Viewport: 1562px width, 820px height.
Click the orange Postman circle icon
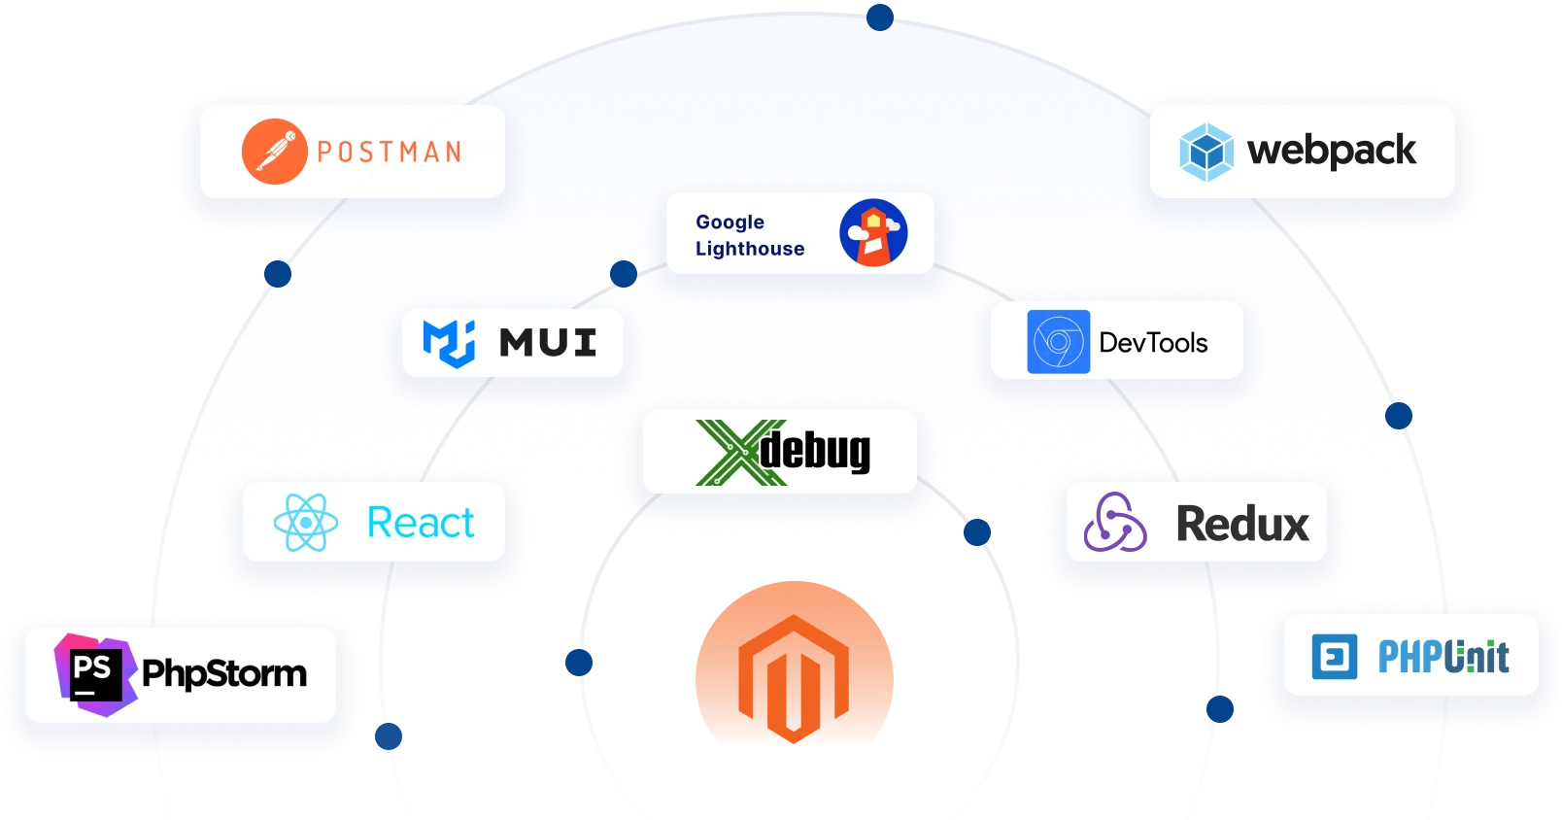click(274, 152)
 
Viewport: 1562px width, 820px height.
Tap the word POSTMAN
click(390, 153)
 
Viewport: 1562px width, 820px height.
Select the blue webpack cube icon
click(1205, 153)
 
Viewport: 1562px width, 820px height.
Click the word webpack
click(1331, 152)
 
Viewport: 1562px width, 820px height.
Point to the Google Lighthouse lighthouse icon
click(873, 233)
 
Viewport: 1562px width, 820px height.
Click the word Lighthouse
click(750, 249)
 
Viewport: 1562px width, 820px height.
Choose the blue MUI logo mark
click(449, 343)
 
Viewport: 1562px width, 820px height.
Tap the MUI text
click(548, 343)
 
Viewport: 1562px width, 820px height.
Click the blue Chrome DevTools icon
click(1058, 342)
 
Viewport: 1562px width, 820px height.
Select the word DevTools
click(1153, 343)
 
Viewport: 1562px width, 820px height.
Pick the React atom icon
click(306, 522)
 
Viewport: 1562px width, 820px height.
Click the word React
click(421, 523)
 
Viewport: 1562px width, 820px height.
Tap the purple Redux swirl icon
click(1114, 523)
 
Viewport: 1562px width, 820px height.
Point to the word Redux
click(1242, 524)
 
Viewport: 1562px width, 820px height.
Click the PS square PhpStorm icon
click(93, 673)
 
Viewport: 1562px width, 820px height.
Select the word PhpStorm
click(224, 673)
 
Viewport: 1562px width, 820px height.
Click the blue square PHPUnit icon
click(1335, 657)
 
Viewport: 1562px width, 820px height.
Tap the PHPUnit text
click(1443, 657)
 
